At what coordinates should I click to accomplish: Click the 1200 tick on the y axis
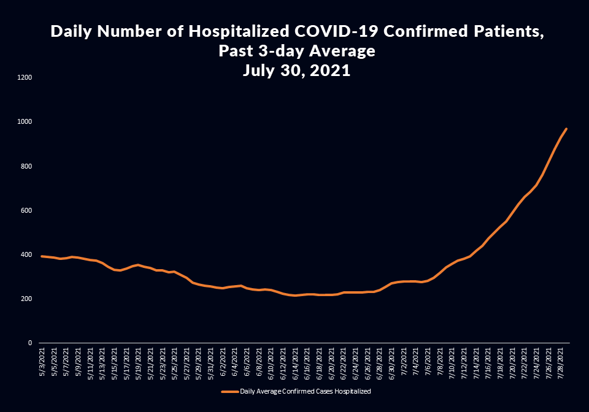pos(25,78)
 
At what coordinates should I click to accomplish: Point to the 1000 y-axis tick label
pos(25,122)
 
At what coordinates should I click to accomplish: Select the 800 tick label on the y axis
pos(26,166)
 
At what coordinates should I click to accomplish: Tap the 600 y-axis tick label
pos(26,210)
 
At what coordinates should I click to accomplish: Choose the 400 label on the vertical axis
pos(26,254)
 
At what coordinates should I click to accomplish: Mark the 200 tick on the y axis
pos(26,299)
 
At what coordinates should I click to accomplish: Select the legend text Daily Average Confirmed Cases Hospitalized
pos(305,391)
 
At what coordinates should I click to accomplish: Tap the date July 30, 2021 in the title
pos(296,71)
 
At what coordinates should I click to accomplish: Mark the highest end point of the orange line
pos(566,129)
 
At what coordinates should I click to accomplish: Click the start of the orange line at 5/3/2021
pos(42,256)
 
